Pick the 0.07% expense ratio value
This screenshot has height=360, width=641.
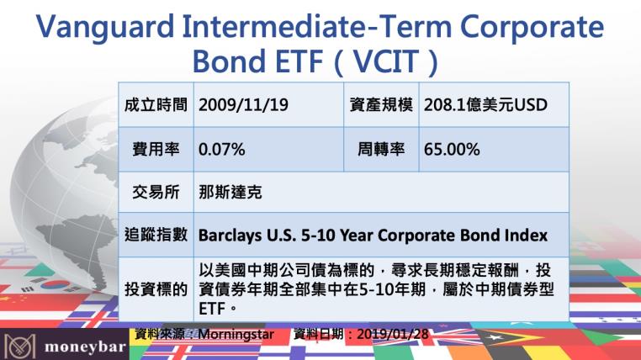(x=221, y=150)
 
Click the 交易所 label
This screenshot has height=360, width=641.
(x=157, y=193)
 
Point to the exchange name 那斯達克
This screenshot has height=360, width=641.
(x=227, y=193)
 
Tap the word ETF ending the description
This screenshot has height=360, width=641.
(x=214, y=309)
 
